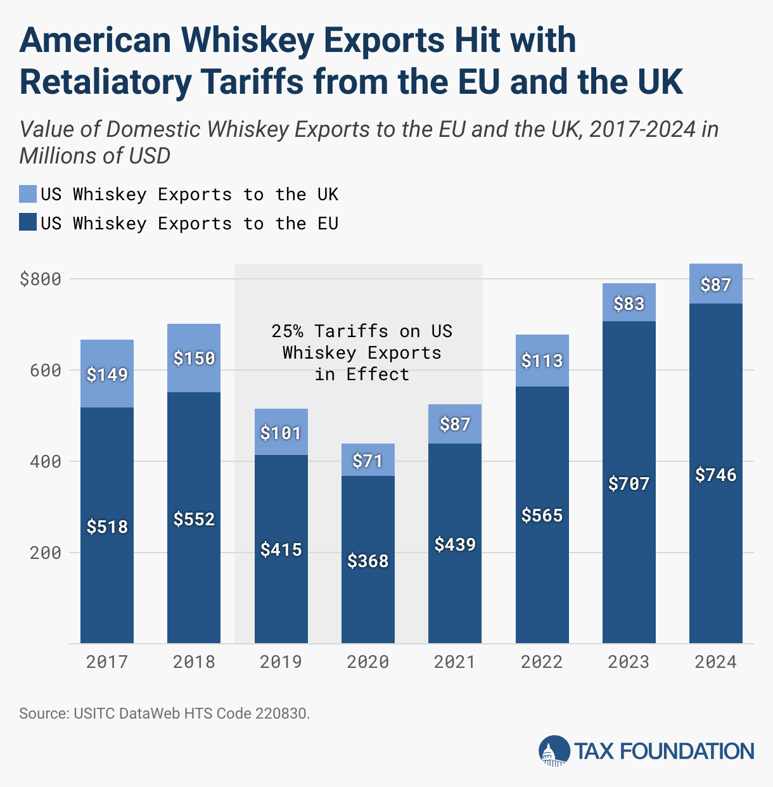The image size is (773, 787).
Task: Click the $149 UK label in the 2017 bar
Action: (x=107, y=374)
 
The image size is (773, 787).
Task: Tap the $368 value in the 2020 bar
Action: (x=368, y=561)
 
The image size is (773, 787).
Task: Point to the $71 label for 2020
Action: (x=368, y=461)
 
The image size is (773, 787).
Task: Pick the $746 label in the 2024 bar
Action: (x=716, y=475)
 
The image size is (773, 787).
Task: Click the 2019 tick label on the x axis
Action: (x=281, y=662)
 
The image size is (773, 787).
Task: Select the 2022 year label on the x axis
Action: (x=542, y=662)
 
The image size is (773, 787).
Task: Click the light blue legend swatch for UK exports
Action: (x=28, y=194)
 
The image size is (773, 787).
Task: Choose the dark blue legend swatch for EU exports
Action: (x=28, y=223)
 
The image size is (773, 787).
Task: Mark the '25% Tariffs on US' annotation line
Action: (x=362, y=331)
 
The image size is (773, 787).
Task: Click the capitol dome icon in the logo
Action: (x=554, y=752)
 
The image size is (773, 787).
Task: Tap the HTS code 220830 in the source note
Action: (x=282, y=713)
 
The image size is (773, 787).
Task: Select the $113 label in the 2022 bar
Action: (x=542, y=361)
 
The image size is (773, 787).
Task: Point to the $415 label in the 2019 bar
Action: (x=281, y=549)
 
